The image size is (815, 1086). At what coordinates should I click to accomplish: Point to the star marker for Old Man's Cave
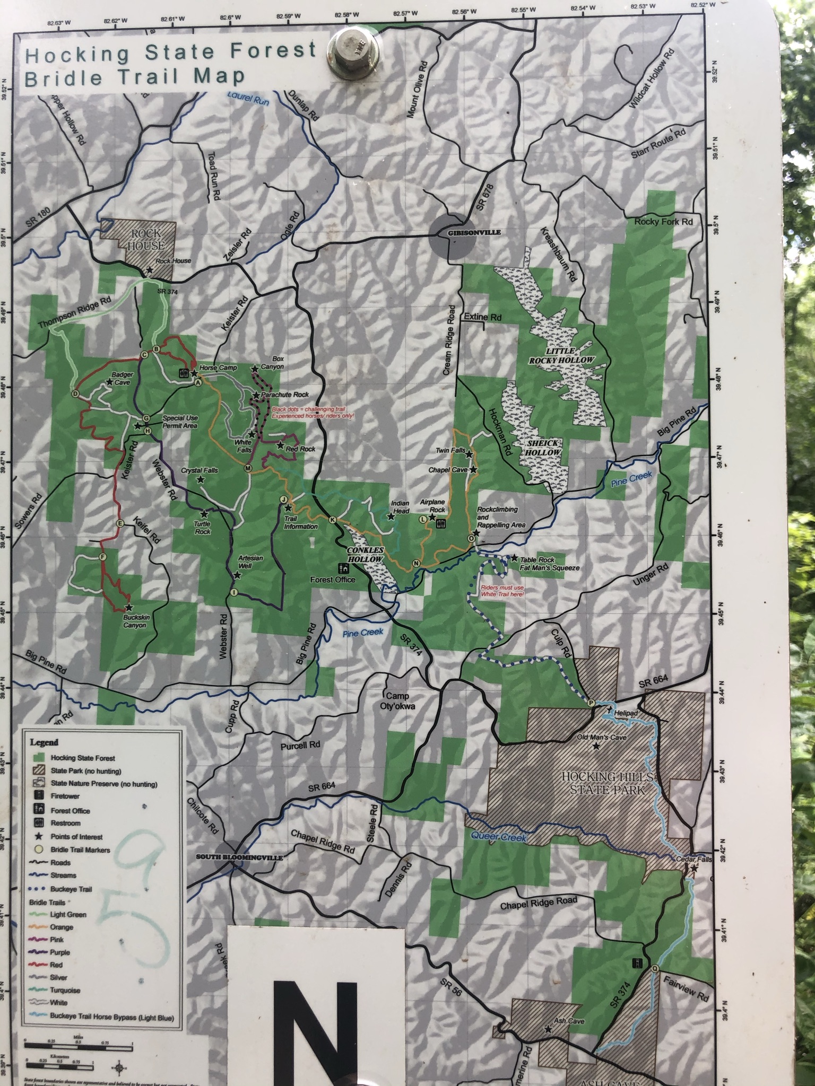coord(596,746)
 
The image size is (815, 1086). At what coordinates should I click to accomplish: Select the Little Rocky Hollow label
coord(561,355)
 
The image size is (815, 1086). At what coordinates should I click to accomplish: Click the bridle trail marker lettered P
coord(591,703)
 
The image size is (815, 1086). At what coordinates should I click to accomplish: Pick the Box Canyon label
coord(274,363)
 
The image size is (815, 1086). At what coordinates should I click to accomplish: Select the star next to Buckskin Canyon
coord(128,608)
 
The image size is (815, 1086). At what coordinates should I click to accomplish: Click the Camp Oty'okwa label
coord(397,700)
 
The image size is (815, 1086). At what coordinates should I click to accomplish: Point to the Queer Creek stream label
coord(499,837)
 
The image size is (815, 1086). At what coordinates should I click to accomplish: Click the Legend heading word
coord(44,742)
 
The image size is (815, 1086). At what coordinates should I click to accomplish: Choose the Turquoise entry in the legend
coord(65,989)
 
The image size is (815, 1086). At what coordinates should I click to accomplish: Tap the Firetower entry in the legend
coord(65,796)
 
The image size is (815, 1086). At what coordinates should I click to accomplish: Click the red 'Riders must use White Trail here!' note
coord(502,591)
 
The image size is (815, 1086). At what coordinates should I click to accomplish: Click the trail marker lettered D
coord(75,394)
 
